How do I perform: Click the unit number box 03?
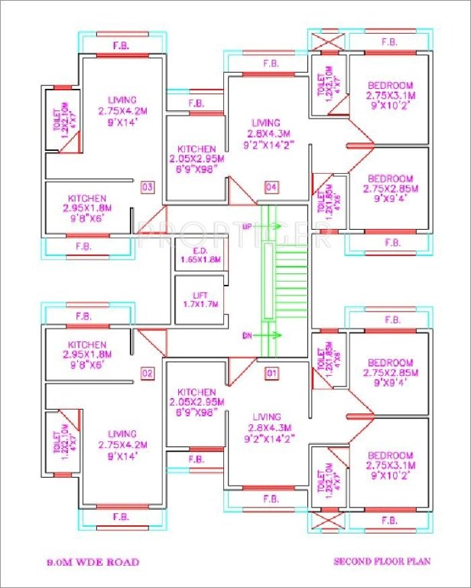tap(148, 187)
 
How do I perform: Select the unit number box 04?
tap(271, 187)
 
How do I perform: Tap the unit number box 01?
tap(271, 374)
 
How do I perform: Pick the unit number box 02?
tap(148, 374)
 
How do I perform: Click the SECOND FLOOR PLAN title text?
tap(382, 561)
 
